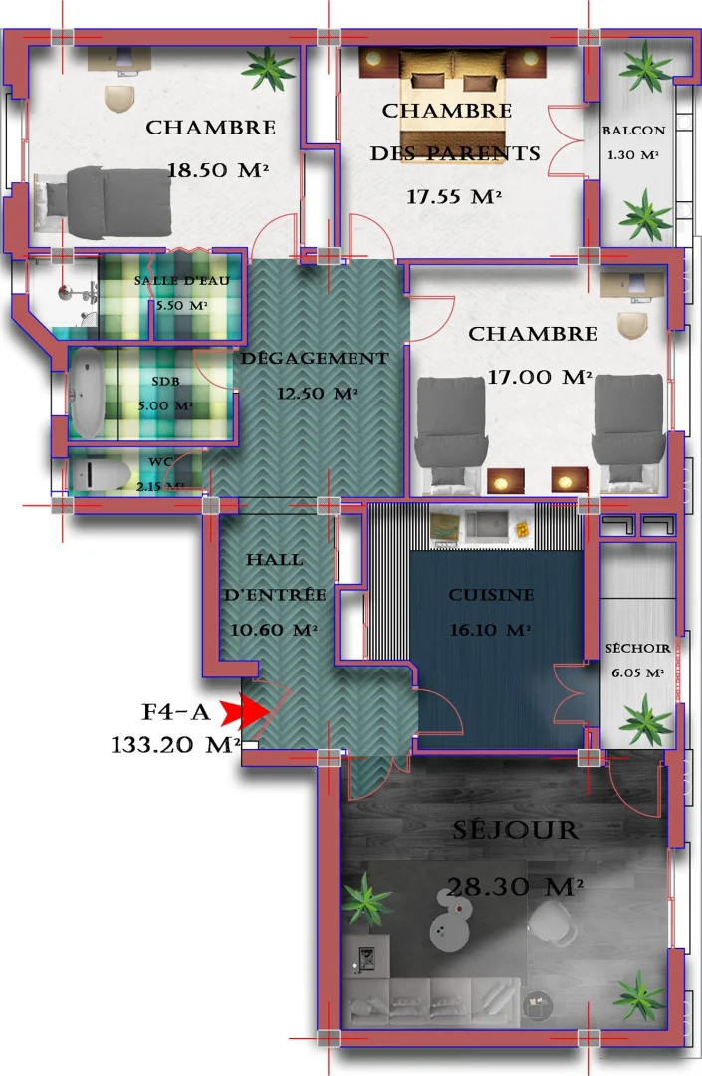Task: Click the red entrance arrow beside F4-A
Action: [243, 711]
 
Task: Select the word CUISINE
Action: [491, 595]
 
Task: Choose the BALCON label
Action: [633, 131]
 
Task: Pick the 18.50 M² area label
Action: [218, 170]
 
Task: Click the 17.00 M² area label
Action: [540, 377]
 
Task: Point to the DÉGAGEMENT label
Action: [315, 358]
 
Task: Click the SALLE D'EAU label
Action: [182, 280]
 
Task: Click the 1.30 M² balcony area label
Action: [634, 154]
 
